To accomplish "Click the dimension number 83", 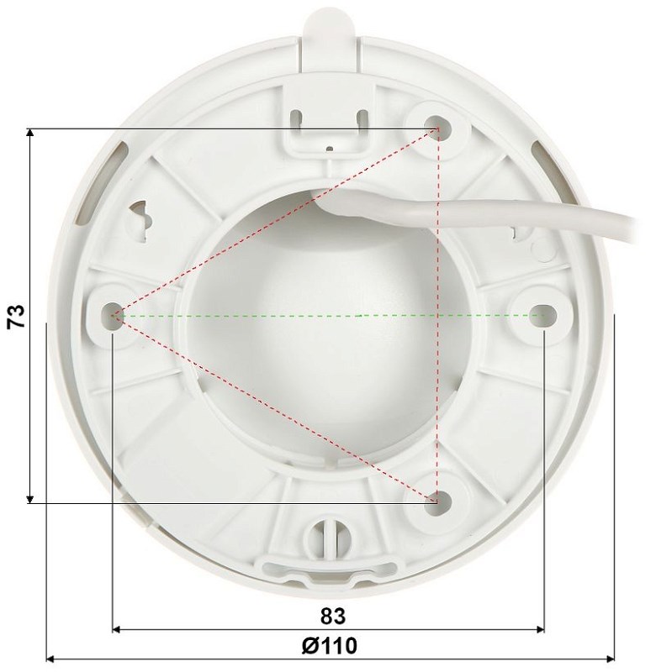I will pyautogui.click(x=333, y=616).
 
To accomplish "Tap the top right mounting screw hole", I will pyautogui.click(x=437, y=127).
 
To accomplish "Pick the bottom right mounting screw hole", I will pyautogui.click(x=436, y=501).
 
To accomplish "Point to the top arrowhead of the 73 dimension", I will pyautogui.click(x=31, y=134).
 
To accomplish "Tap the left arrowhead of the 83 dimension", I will pyautogui.click(x=118, y=629).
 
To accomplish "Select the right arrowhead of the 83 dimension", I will pyautogui.click(x=540, y=629).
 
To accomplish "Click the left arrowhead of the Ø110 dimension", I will pyautogui.click(x=51, y=659).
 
